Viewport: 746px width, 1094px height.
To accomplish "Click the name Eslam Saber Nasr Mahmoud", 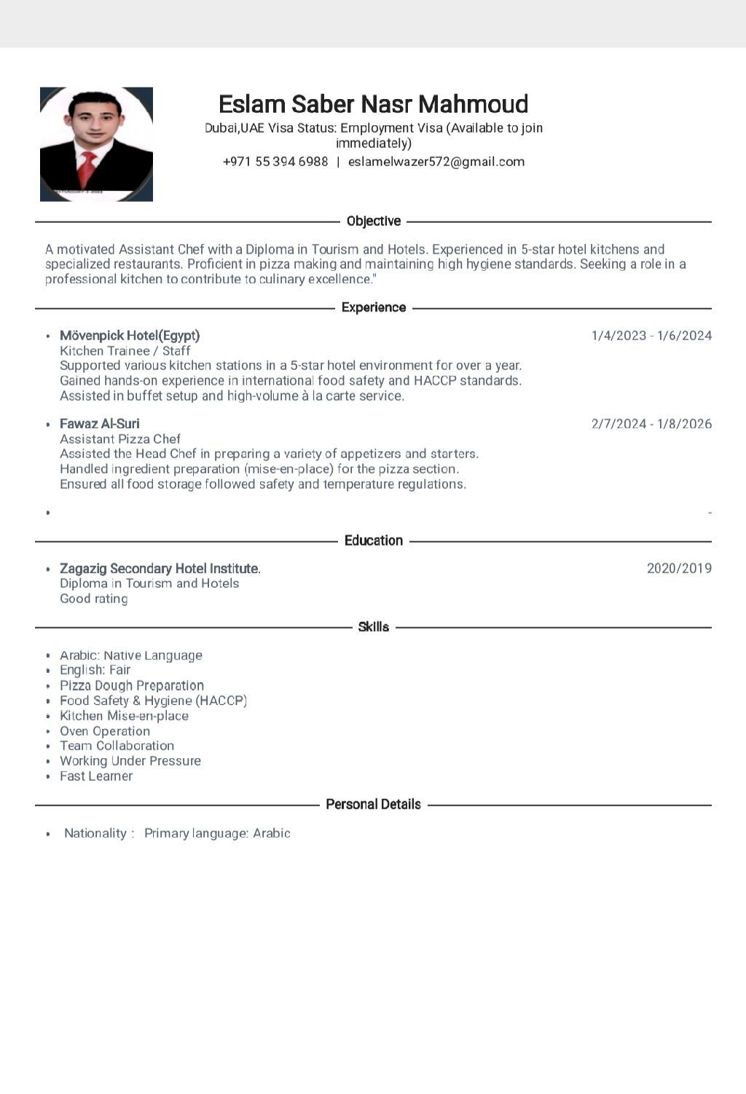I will pos(373,104).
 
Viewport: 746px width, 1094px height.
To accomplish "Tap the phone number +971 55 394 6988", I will pos(275,162).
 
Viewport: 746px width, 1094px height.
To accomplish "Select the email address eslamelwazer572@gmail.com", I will pos(436,162).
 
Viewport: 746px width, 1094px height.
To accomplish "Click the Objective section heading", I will pos(374,221).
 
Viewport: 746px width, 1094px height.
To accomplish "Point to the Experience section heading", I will pos(374,307).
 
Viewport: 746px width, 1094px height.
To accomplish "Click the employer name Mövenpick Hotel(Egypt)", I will pos(130,336).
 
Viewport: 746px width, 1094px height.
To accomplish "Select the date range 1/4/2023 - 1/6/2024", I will pos(651,336).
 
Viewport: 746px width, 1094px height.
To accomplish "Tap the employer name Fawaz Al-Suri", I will pos(100,424).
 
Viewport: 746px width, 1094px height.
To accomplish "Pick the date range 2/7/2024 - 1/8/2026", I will pos(651,424).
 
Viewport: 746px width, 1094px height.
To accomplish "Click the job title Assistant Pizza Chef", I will pos(120,439).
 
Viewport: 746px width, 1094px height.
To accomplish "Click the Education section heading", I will pos(374,540).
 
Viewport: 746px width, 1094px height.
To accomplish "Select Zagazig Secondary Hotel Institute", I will pos(160,569).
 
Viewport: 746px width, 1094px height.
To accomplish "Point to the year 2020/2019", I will pos(679,569).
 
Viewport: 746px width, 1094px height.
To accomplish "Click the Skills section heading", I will pos(374,627).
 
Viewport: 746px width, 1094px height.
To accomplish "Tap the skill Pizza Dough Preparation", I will pos(132,686).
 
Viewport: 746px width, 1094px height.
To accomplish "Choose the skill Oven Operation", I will pos(105,731).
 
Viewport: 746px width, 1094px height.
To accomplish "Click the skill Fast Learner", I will pos(96,776).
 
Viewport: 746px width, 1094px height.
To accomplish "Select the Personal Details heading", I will pos(373,805).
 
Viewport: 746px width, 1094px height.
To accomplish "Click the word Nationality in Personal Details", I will pos(95,833).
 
